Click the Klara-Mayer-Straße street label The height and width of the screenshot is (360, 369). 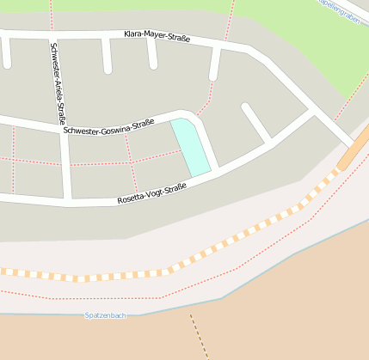point(157,36)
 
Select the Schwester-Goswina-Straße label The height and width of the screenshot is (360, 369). point(108,126)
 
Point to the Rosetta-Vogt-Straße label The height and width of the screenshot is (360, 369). point(151,194)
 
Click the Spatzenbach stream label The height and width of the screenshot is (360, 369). point(106,315)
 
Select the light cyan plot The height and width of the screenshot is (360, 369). point(191,147)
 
